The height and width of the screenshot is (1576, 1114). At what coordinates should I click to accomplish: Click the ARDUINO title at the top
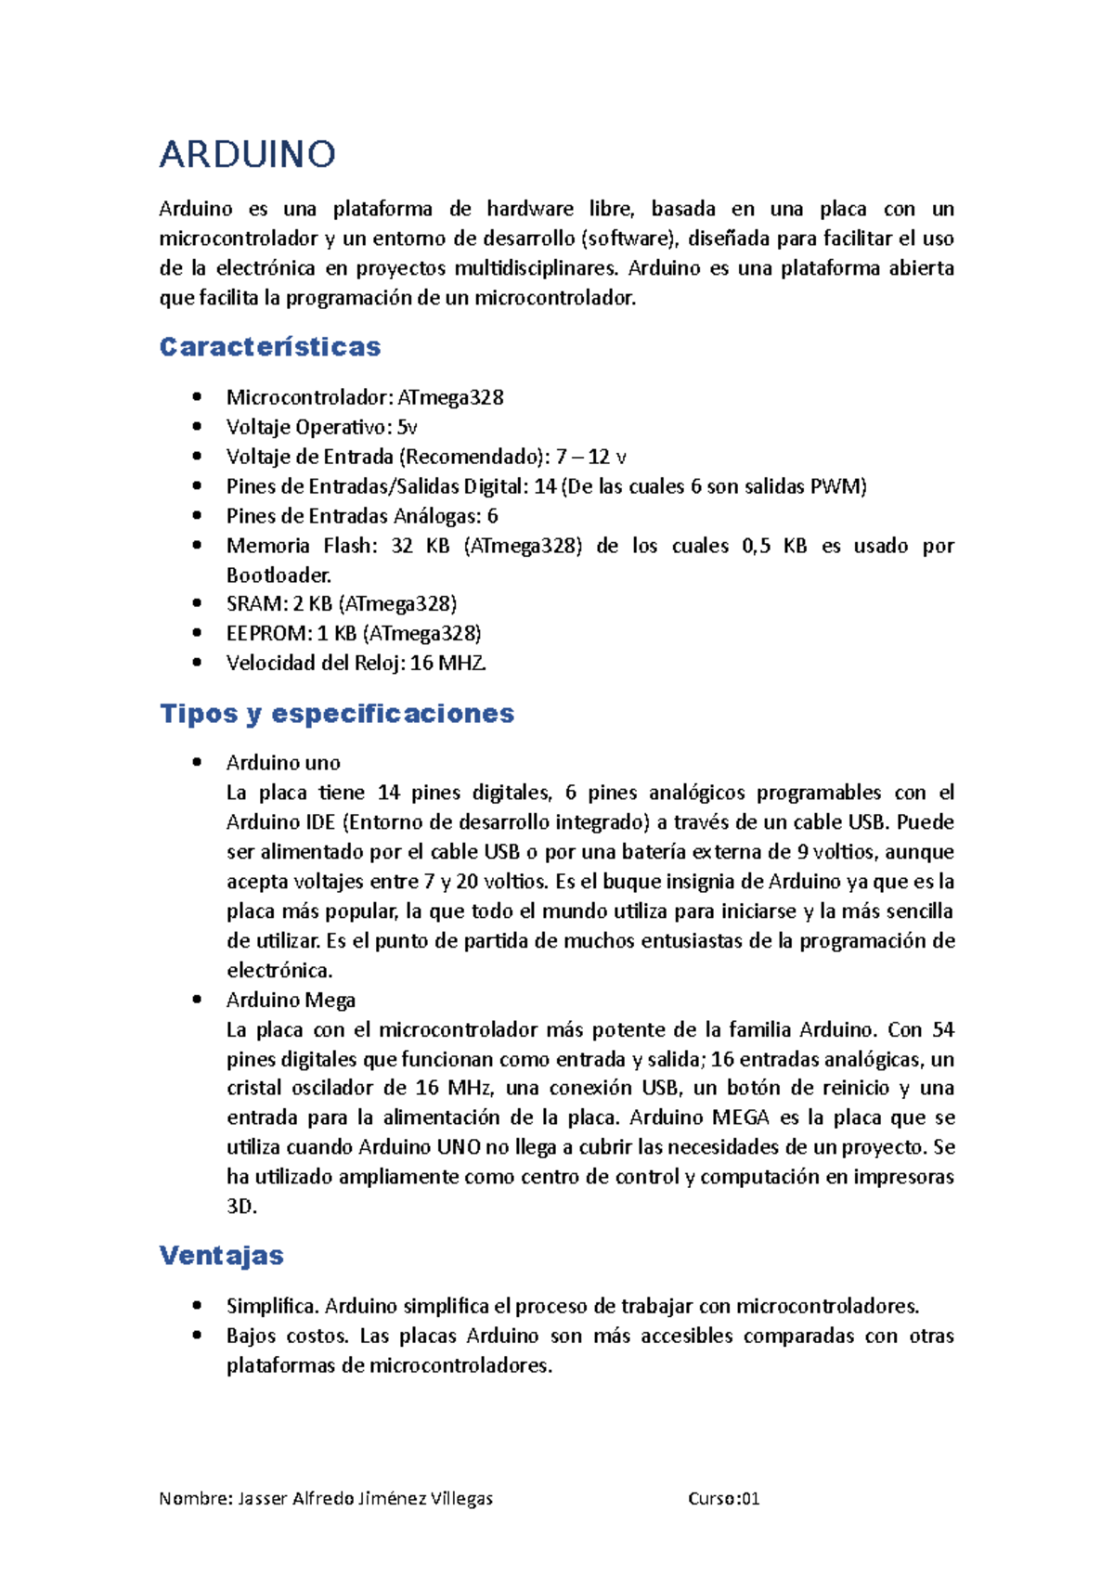(247, 154)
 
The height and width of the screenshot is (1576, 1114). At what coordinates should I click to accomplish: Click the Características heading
(270, 347)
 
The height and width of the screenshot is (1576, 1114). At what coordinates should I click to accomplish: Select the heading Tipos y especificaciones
(337, 714)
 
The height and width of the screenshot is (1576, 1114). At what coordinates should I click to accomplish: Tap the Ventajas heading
(222, 1256)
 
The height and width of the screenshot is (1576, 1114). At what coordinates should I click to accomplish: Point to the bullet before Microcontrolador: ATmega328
(196, 397)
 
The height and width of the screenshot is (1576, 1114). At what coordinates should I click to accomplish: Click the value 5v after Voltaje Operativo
(408, 428)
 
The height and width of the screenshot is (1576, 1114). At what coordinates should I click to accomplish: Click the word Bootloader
(278, 575)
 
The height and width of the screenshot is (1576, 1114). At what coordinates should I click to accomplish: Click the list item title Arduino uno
(283, 763)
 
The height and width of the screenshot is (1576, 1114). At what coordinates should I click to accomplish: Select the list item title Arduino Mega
(291, 1001)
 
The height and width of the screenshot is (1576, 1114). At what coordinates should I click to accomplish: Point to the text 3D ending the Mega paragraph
(240, 1207)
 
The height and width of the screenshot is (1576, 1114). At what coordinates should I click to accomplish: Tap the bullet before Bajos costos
(196, 1337)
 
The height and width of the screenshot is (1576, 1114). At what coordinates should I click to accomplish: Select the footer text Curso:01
(724, 1499)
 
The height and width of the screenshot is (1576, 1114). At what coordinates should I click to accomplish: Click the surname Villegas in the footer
(461, 1499)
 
